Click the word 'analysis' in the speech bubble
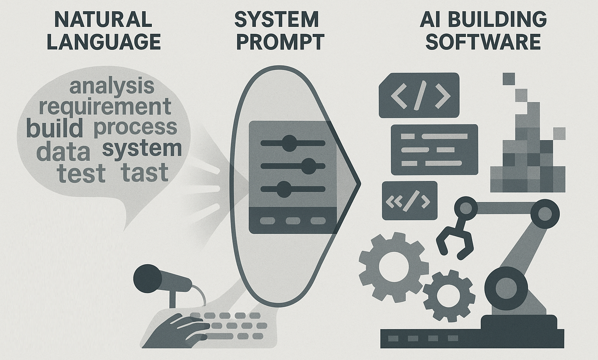(112, 86)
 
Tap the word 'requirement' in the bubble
(105, 106)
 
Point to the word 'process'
(135, 127)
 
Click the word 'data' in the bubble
(63, 152)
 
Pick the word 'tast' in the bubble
(144, 173)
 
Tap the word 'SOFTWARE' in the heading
(483, 42)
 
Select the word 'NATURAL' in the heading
(103, 19)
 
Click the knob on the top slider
(289, 143)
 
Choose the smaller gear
(448, 296)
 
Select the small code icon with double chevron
(409, 201)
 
